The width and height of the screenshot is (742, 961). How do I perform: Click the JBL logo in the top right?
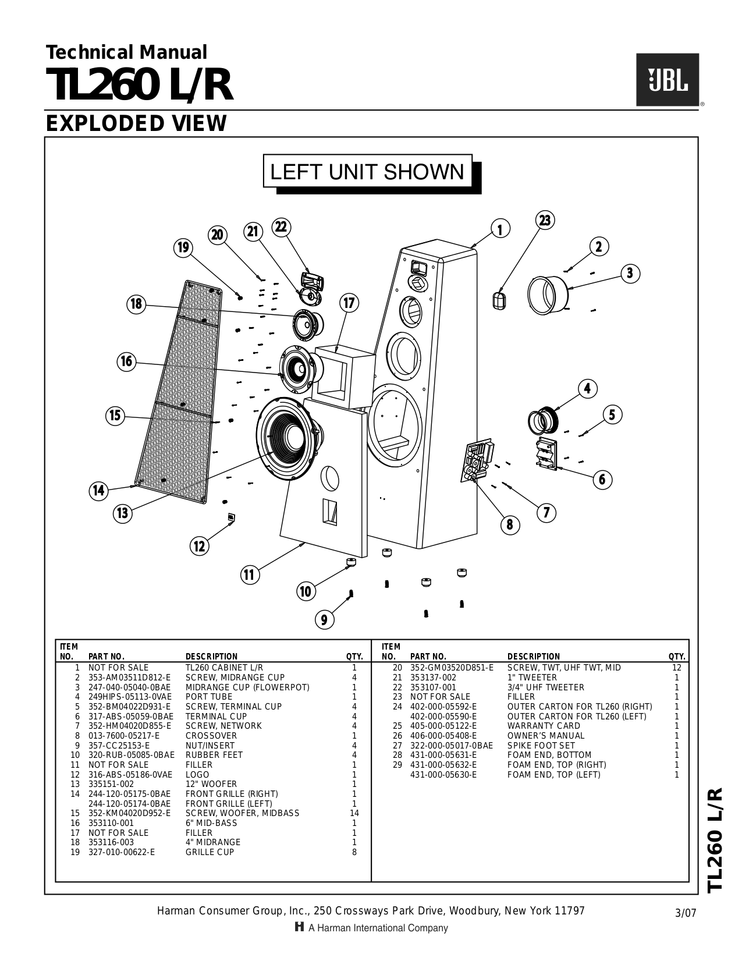click(667, 80)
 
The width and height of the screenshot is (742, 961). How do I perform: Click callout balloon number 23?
click(544, 220)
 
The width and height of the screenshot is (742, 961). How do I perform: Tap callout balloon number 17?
click(349, 303)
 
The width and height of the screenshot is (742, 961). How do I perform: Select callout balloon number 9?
click(324, 619)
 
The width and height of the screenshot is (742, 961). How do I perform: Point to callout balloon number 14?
click(99, 490)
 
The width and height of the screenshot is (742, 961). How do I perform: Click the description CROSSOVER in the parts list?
click(211, 736)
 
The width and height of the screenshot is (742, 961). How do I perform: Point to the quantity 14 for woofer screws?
click(354, 813)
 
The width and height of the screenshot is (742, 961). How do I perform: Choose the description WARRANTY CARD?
click(544, 726)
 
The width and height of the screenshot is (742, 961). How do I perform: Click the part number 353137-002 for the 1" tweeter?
click(433, 678)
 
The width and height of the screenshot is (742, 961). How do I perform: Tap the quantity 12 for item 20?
click(676, 668)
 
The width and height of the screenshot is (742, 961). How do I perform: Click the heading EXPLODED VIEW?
click(136, 123)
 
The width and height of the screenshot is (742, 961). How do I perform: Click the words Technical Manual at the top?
click(126, 52)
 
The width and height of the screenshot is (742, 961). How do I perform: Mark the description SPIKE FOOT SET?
click(541, 746)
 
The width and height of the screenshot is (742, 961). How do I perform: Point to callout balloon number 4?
click(587, 388)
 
